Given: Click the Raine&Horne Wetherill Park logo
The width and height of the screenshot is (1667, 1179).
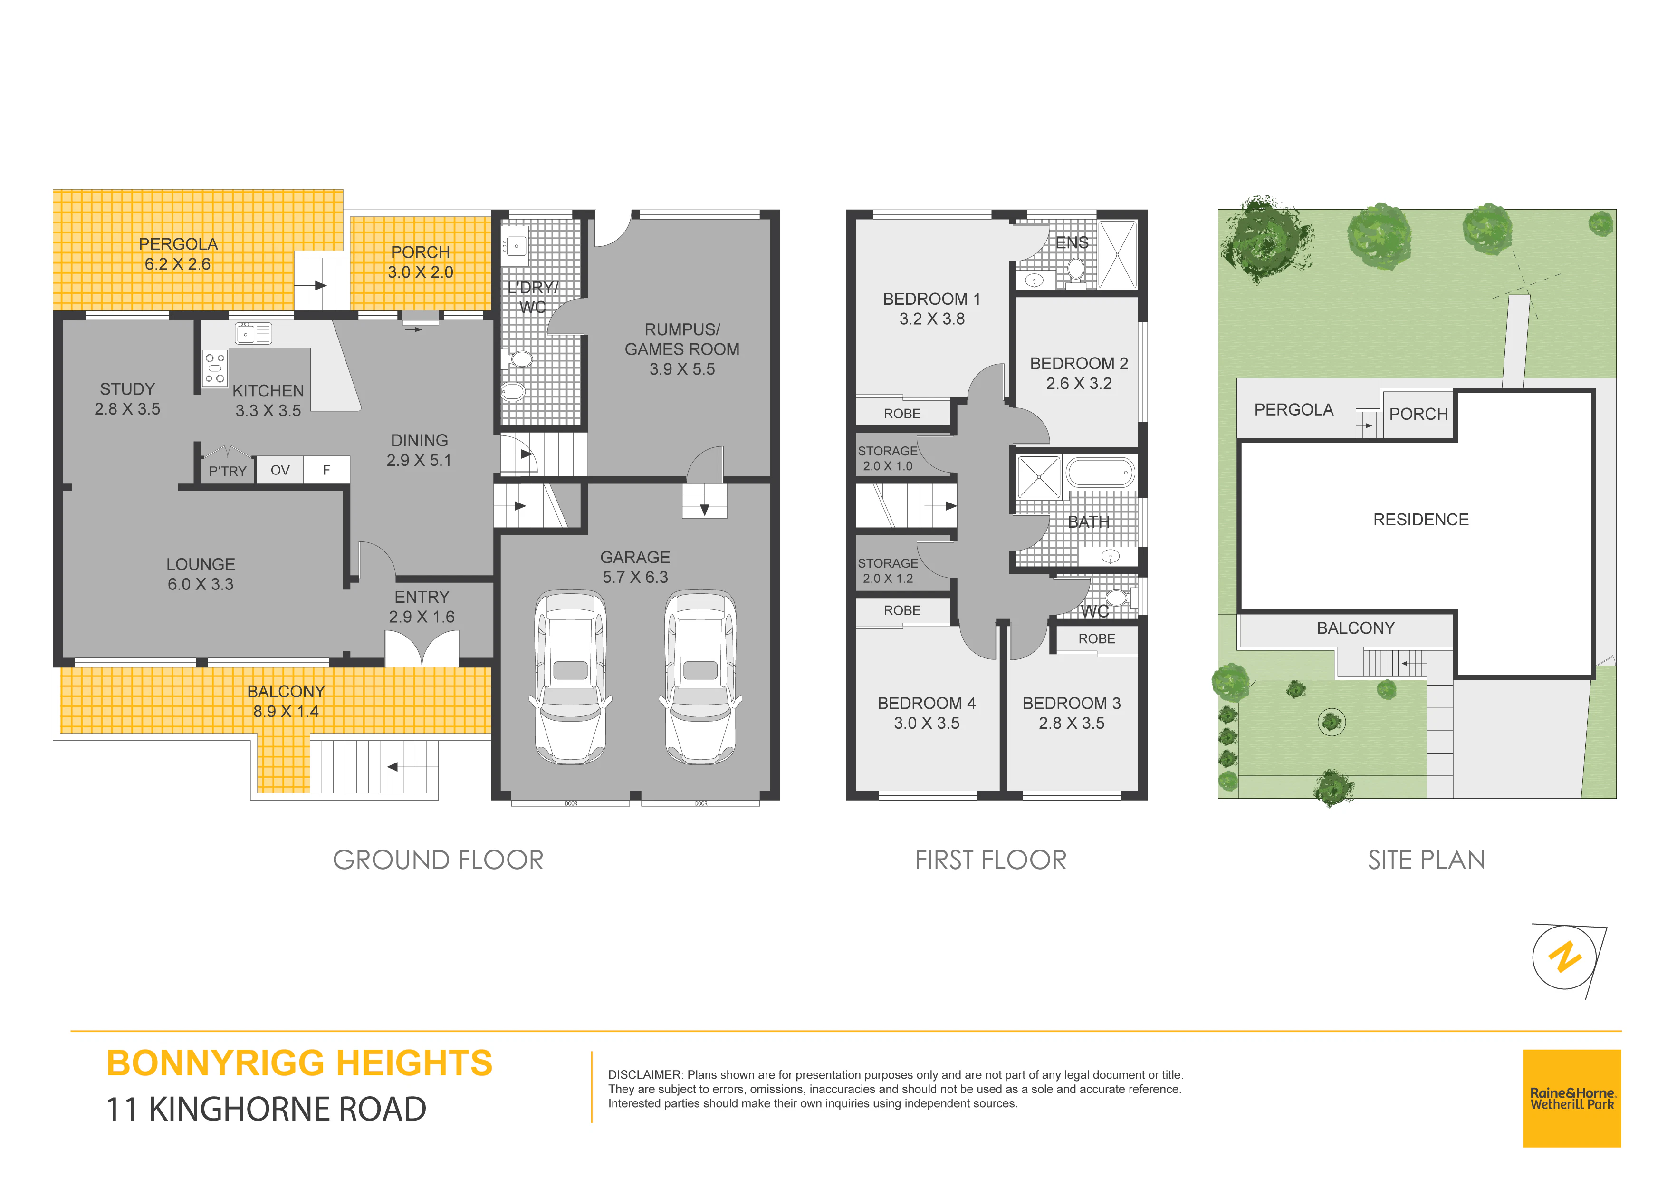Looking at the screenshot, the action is (x=1572, y=1098).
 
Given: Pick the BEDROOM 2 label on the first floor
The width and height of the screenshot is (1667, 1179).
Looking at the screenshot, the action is (x=1079, y=373).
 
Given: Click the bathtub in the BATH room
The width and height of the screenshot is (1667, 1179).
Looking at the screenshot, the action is (x=1100, y=472).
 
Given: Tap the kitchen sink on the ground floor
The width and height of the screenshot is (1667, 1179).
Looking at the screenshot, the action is (x=253, y=333).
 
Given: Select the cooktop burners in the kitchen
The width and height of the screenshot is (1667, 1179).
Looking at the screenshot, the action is (x=215, y=368).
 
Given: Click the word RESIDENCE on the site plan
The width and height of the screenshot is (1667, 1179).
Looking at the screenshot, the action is (x=1421, y=520).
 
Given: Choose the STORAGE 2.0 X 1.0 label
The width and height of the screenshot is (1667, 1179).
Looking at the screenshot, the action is (x=887, y=458).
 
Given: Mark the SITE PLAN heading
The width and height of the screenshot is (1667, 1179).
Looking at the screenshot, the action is (x=1427, y=860).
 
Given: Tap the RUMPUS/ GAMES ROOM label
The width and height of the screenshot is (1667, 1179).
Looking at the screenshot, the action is (x=682, y=349).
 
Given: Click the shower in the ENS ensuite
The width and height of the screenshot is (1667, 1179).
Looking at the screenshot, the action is (x=1117, y=255).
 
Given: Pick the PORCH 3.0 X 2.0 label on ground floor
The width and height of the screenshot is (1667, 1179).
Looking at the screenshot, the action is (x=421, y=262).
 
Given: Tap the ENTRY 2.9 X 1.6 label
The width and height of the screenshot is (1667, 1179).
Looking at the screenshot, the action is (x=422, y=607).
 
